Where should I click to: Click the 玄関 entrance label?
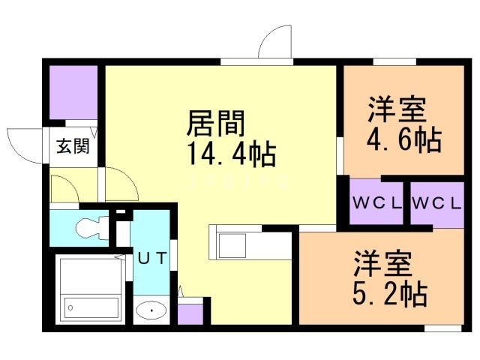(73, 146)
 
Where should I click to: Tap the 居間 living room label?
(216, 123)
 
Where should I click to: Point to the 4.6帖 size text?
(404, 139)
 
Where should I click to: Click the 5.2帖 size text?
(390, 293)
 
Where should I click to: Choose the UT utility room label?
(152, 257)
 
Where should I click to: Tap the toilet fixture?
(92, 228)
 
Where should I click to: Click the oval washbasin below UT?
(151, 310)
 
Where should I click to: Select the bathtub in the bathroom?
(92, 308)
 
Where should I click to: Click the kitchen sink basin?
(232, 246)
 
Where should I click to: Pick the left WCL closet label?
(376, 203)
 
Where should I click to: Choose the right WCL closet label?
(436, 203)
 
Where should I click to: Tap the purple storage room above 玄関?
(73, 92)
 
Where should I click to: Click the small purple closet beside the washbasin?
(190, 314)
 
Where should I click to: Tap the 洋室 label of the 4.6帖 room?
(397, 109)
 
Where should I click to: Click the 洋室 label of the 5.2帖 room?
(382, 263)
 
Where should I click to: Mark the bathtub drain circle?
(70, 308)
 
